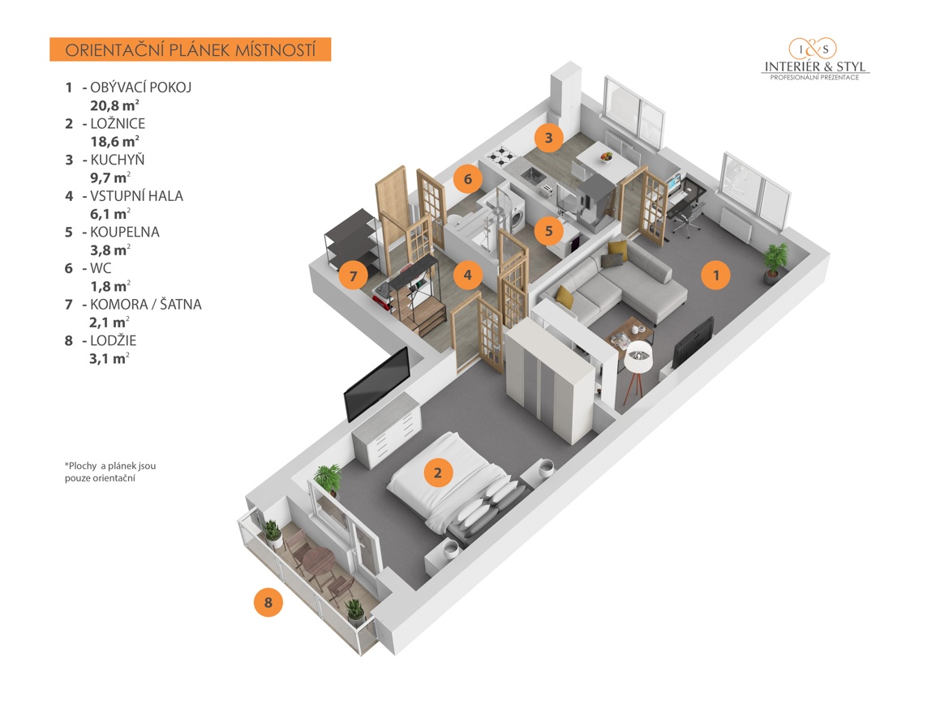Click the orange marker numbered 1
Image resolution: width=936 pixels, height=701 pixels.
tap(715, 275)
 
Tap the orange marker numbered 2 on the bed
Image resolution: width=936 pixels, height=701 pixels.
tap(438, 472)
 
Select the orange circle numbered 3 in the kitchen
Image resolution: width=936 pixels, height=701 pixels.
tap(549, 138)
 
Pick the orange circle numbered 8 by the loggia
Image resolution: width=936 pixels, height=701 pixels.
tap(268, 602)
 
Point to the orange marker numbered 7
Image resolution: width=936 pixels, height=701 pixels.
tap(353, 276)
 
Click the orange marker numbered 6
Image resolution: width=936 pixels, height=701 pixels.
tap(468, 178)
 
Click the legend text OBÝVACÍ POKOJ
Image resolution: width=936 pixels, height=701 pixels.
tap(141, 88)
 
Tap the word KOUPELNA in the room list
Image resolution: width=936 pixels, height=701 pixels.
tap(125, 232)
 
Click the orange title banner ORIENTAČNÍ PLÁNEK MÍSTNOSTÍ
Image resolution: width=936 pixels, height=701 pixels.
tap(190, 49)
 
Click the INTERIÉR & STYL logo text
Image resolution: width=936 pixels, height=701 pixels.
tap(815, 66)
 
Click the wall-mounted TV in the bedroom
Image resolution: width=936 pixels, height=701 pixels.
tap(376, 384)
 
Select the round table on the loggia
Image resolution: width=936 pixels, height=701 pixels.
tap(316, 560)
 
